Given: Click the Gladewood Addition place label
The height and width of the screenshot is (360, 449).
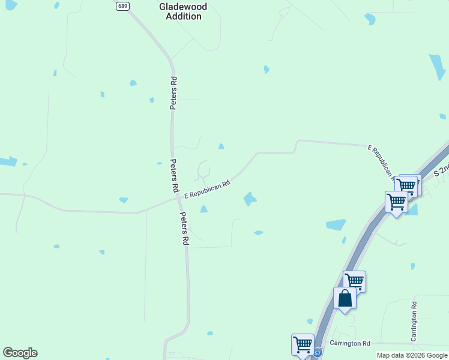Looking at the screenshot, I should point(182,11).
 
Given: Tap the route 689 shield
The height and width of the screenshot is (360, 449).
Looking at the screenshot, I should point(123,6).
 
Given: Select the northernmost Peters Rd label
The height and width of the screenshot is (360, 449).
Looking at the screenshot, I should point(173,93).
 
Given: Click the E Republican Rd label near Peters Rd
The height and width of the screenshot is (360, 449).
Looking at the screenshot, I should point(207,190).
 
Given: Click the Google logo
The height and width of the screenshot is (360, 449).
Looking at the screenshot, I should point(20,353).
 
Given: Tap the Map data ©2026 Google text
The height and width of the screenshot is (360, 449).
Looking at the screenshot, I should point(412,355).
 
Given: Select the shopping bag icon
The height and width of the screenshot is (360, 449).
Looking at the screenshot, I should point(345,298).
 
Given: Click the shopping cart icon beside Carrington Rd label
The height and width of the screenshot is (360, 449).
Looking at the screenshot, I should point(303,344).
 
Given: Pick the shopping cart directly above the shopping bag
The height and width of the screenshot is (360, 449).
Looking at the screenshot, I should point(355,280).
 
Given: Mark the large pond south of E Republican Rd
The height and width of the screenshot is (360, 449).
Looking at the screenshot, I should point(250,199).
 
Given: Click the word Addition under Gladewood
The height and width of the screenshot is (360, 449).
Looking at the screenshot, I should point(183,16).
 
